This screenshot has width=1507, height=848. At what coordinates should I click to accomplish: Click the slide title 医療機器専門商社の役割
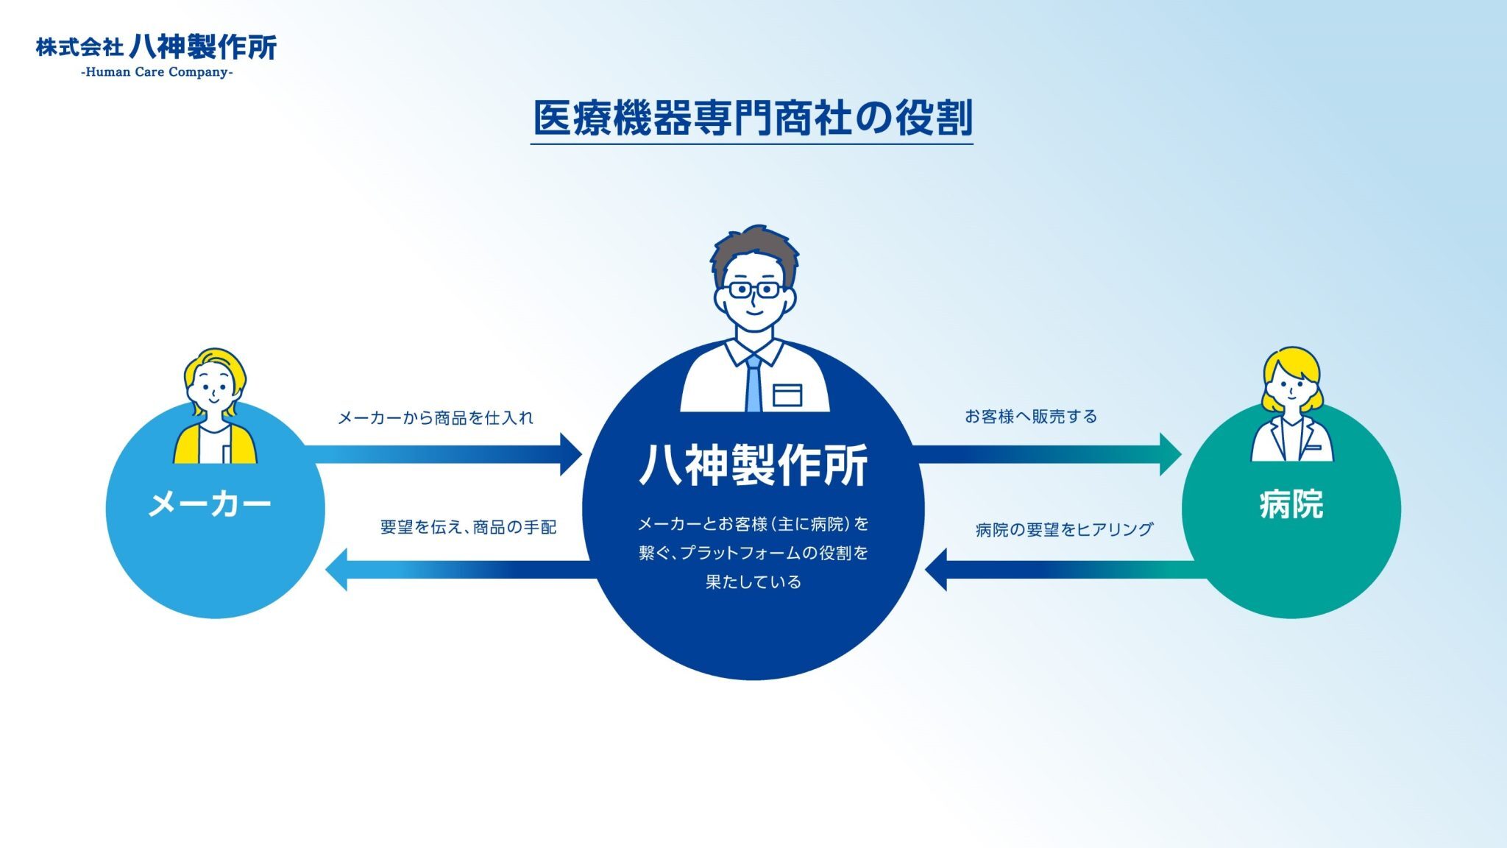753,118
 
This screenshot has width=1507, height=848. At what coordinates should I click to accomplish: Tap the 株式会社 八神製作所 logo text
157,47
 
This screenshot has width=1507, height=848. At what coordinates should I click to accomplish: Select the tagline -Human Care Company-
157,72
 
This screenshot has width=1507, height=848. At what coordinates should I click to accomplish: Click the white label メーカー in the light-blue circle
210,504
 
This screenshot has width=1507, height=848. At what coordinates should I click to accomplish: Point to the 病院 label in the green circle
1291,504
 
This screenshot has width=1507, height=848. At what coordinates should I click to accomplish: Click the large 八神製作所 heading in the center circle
753,464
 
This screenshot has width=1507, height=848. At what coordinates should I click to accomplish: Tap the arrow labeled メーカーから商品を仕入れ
443,454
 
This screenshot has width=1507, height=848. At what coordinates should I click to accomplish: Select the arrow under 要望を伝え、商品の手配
461,569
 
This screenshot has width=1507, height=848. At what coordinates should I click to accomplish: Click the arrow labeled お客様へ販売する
1046,454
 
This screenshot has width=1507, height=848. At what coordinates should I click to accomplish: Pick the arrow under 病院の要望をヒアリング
1066,569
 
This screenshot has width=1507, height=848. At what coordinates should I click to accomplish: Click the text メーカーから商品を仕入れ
435,418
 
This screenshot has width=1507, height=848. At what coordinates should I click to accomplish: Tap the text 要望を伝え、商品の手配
468,527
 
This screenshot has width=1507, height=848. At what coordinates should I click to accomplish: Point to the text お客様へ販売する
1031,417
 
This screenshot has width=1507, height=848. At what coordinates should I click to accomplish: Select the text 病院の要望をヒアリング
1064,529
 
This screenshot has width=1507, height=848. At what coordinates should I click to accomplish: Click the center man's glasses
755,289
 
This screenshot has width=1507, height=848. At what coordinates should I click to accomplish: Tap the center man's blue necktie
753,383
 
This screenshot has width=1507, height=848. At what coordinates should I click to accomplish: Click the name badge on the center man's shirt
787,395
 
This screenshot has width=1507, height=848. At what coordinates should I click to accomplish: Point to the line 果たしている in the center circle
753,582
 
